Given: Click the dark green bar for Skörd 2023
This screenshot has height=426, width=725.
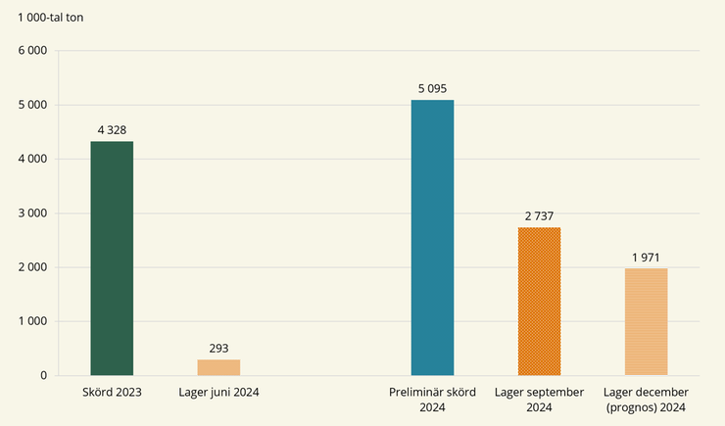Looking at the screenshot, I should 112,258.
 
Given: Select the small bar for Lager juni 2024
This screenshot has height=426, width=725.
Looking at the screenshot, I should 218,367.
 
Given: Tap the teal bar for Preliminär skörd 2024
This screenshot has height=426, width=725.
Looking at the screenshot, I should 432,237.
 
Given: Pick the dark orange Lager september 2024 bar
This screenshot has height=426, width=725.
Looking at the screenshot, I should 539,301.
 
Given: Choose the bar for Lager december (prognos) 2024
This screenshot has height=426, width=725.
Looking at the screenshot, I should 646,321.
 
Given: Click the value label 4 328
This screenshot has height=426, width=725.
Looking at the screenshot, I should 112,129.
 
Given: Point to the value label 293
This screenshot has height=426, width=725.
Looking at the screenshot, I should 218,348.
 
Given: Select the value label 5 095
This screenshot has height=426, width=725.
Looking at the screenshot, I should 432,88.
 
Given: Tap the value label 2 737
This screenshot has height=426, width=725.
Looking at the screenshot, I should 539,215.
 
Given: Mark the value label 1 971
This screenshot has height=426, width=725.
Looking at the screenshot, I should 646,257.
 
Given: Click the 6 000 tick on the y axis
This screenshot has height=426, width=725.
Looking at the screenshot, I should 31,51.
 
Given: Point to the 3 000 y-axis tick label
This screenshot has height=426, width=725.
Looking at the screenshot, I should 31,213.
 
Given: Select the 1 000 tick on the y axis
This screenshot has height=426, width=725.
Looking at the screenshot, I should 31,321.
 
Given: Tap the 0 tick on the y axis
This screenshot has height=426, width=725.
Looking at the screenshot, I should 43,375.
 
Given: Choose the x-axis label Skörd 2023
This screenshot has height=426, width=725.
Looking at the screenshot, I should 112,393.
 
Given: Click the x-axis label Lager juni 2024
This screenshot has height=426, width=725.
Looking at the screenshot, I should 218,393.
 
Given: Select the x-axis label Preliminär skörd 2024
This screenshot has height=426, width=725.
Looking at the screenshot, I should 432,399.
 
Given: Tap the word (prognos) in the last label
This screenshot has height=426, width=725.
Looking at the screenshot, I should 633,405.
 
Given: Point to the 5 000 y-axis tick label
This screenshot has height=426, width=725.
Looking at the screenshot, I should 31,105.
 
